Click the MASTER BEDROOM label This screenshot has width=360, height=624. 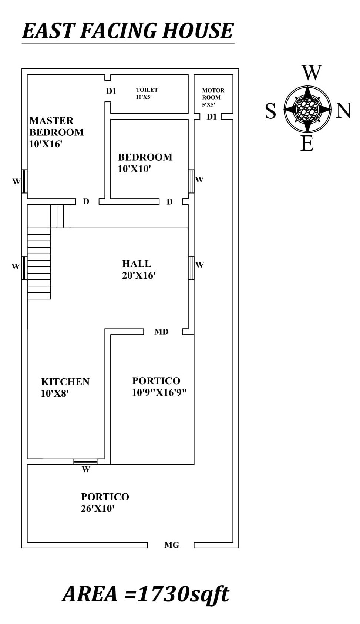coord(56,126)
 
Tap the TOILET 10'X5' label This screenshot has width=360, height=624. coord(147,93)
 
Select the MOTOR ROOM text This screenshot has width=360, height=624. coord(213,94)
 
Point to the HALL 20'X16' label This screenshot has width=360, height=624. coord(138,269)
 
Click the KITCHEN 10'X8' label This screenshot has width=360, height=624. coord(65,387)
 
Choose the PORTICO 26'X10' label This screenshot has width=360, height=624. coord(105,502)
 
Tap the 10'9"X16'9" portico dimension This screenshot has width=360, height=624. coord(159,393)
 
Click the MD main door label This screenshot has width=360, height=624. coord(161,332)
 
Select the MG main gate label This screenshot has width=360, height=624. coord(172,545)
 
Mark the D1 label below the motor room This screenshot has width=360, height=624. coord(212,117)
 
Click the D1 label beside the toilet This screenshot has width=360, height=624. coord(111,91)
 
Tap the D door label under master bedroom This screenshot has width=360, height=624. coord(86,202)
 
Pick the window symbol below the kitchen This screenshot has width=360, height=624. coord(85,462)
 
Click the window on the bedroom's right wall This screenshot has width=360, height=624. coord(191,181)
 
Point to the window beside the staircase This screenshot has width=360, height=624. coord(24,268)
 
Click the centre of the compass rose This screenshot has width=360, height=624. coord(307,109)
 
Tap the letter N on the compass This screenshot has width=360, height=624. coord(343,110)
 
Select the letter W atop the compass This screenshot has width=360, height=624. coord(311,73)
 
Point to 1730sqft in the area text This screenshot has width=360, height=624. coord(183,594)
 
